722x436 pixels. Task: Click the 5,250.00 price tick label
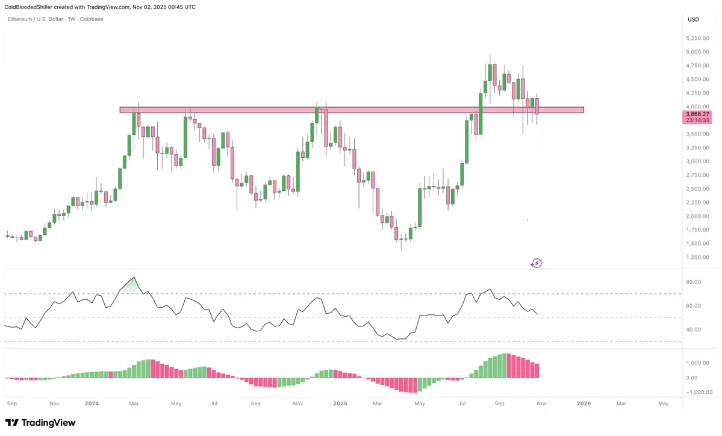point(697,38)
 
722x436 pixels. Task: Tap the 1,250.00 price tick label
point(697,257)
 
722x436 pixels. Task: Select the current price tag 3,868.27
point(698,113)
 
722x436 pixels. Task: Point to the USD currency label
point(693,19)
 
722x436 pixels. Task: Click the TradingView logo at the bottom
point(40,423)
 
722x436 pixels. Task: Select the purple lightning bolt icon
point(536,263)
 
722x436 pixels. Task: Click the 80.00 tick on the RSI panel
point(693,282)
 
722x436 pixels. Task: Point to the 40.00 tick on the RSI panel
point(693,329)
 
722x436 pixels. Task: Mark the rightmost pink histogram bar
point(537,370)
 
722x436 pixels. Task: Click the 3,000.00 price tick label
point(697,161)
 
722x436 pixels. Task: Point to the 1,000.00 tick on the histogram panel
point(697,363)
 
